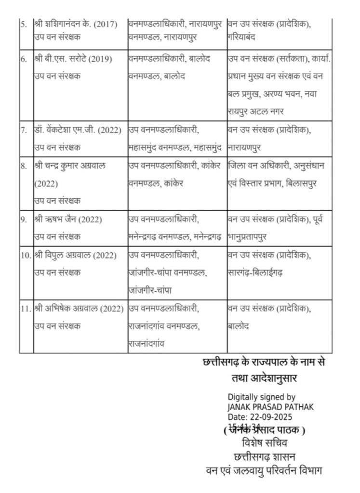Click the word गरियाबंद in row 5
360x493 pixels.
[245, 37]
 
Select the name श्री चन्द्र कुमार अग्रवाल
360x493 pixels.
[70, 166]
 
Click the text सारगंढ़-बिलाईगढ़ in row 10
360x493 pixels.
[255, 272]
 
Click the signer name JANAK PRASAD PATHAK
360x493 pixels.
[270, 407]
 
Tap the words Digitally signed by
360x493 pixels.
[261, 398]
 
